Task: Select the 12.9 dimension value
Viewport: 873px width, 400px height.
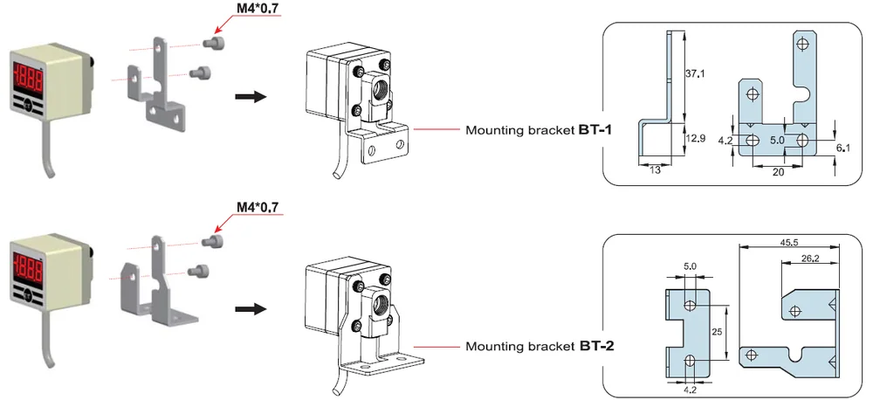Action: pyautogui.click(x=696, y=139)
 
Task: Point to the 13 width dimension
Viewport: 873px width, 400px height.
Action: pyautogui.click(x=655, y=170)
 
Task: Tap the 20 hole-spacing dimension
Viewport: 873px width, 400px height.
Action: pyautogui.click(x=779, y=172)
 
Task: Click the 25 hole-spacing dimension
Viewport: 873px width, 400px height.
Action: pyautogui.click(x=717, y=332)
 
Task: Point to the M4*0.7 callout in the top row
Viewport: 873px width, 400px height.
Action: pyautogui.click(x=258, y=9)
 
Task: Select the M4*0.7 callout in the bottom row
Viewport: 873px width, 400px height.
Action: pyautogui.click(x=258, y=208)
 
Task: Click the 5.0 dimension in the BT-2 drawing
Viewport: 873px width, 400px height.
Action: pyautogui.click(x=690, y=266)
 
